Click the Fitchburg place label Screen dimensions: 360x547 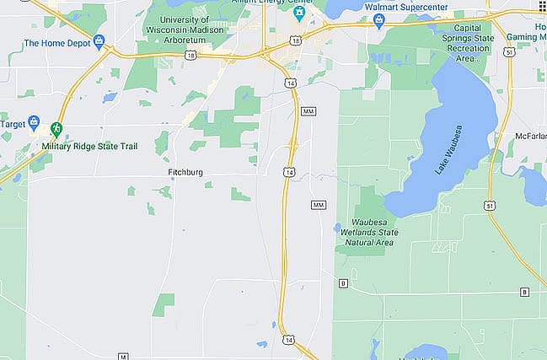[x=186, y=173]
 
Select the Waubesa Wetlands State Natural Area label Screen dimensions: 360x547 [x=363, y=234]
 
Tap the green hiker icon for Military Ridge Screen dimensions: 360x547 [x=56, y=129]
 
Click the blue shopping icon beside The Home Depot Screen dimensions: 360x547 [x=99, y=40]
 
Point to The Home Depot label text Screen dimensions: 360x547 [x=57, y=43]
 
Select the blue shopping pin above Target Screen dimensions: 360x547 [x=34, y=121]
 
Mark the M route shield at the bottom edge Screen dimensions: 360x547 [x=122, y=355]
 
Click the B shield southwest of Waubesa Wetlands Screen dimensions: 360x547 [x=343, y=283]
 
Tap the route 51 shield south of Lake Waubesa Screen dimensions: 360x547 [x=489, y=205]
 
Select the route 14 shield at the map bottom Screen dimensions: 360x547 [x=289, y=340]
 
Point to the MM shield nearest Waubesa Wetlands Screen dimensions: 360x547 [x=318, y=205]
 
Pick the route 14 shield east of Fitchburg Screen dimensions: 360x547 [x=289, y=172]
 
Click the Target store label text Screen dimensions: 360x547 [x=12, y=123]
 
